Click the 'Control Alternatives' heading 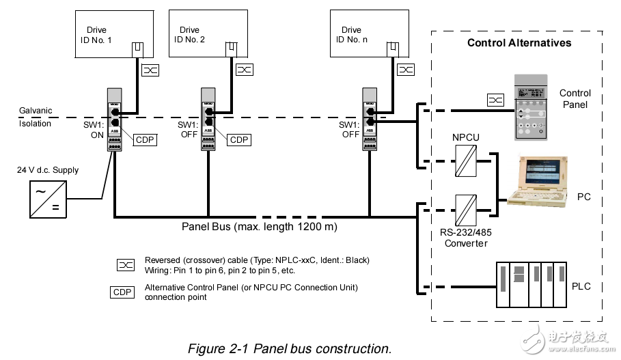tap(519, 43)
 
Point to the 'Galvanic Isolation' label tap(35, 117)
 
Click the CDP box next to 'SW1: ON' tap(145, 140)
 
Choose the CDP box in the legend tap(123, 292)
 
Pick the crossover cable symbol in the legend tap(126, 264)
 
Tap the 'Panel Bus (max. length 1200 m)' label tap(259, 226)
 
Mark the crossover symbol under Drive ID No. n tap(406, 70)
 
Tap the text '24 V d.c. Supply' tap(47, 170)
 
